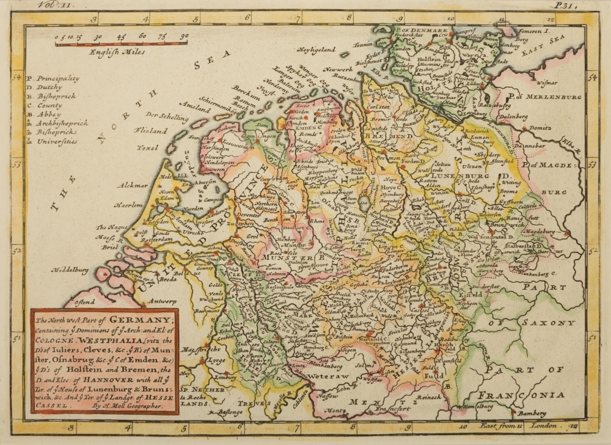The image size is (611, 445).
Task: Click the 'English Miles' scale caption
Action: tap(117, 52)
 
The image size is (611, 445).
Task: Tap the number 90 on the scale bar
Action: tap(184, 37)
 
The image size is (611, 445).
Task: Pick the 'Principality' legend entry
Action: tap(57, 78)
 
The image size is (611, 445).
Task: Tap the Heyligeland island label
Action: tap(317, 49)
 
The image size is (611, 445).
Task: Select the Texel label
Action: tap(147, 147)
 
